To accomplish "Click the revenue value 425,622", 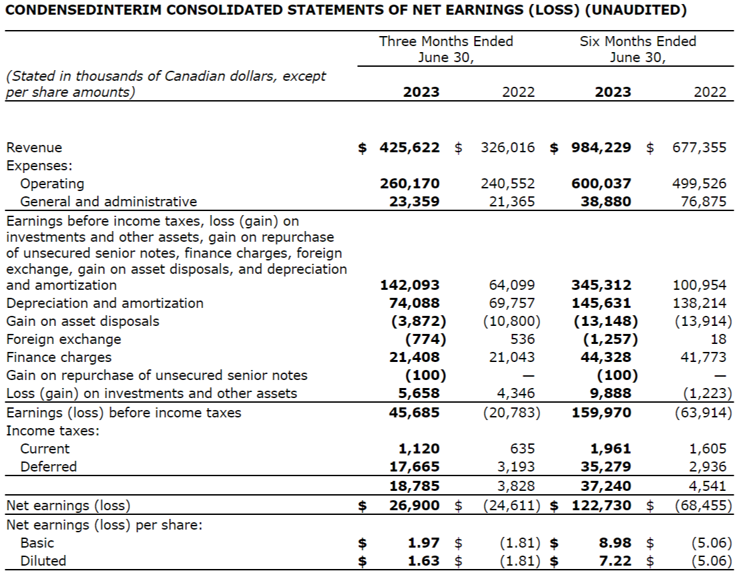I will [410, 148].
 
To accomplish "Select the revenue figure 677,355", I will [700, 148].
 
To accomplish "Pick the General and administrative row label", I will [109, 202].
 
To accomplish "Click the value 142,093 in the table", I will [410, 285].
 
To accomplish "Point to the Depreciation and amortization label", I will [105, 303].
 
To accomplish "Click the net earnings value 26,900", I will [414, 506].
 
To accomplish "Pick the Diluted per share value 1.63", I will [424, 561].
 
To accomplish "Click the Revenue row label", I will [34, 148].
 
